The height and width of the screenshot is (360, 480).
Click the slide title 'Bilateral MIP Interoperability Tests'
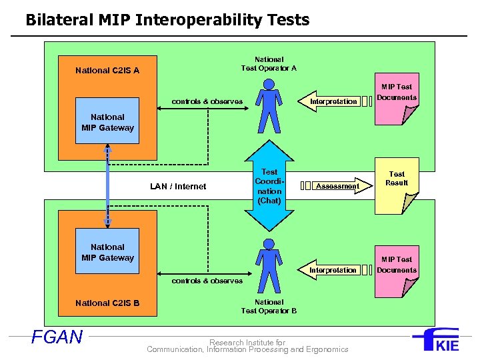click(x=167, y=20)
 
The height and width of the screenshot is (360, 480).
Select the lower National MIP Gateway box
click(x=107, y=251)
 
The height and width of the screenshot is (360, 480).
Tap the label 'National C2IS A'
click(x=107, y=70)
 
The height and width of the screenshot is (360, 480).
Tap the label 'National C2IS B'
click(x=107, y=303)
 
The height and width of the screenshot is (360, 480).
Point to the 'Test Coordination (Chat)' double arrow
click(x=269, y=185)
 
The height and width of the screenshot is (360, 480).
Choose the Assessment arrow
click(x=336, y=186)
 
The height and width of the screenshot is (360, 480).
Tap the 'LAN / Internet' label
click(x=177, y=187)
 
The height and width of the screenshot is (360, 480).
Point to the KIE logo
click(x=436, y=340)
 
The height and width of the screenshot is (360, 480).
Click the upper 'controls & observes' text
click(x=207, y=101)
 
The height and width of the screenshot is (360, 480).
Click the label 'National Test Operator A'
click(x=269, y=63)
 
